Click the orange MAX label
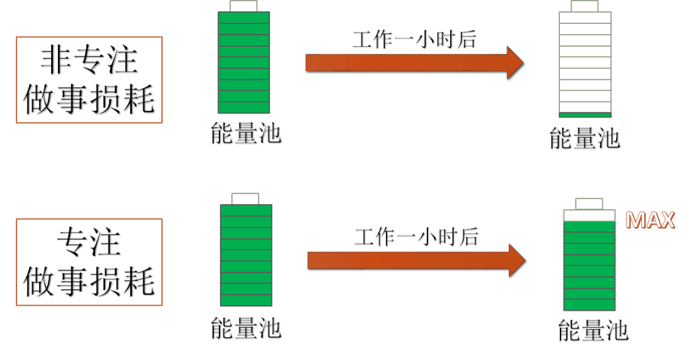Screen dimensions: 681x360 (650, 220)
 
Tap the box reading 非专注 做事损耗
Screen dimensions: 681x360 (89, 80)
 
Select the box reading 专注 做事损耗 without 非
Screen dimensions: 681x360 (89, 262)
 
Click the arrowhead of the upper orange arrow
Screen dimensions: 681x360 (515, 62)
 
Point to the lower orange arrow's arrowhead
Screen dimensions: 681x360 (516, 260)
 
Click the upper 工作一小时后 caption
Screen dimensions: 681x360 (414, 40)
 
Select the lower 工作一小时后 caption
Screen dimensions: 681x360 (416, 237)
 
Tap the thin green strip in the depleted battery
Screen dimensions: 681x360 (585, 114)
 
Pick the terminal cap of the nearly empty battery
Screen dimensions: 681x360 (585, 6)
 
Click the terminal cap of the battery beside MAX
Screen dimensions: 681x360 (589, 203)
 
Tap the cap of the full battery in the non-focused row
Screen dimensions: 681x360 (243, 6)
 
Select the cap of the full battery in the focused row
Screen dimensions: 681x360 (245, 199)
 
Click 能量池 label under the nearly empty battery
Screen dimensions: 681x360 (585, 138)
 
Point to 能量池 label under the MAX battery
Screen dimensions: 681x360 (593, 330)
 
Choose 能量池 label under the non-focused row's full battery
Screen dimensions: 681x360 (245, 134)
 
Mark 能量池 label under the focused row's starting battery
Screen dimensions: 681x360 (245, 328)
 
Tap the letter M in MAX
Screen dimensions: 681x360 (635, 220)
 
